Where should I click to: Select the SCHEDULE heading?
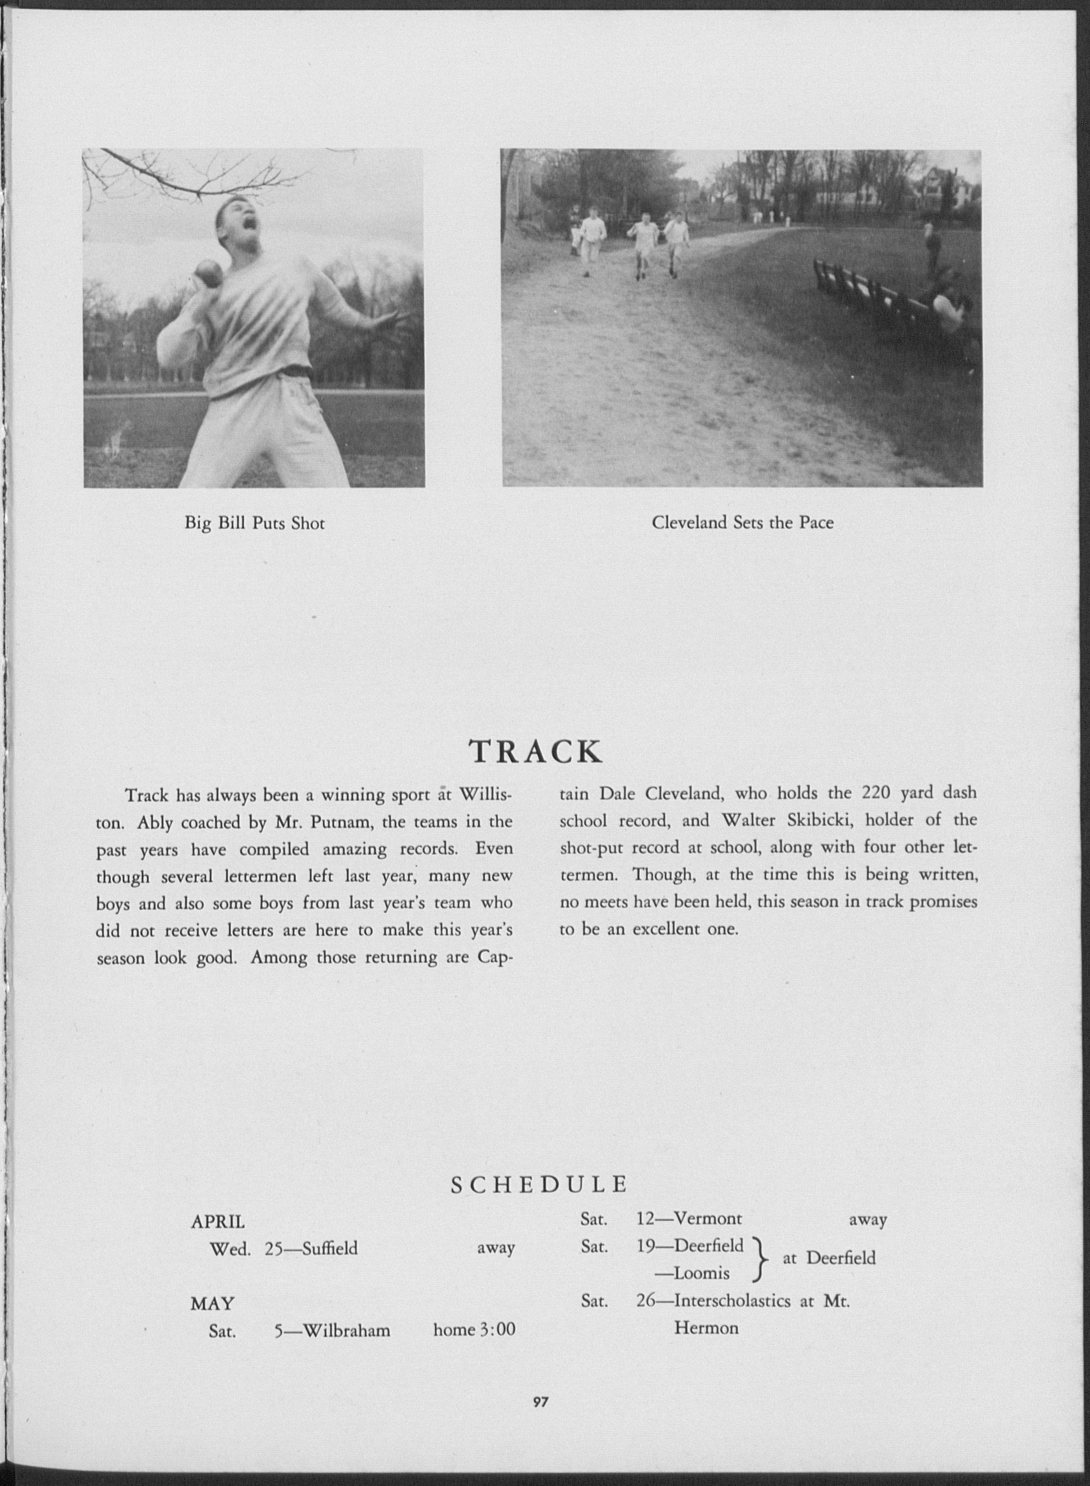pyautogui.click(x=539, y=1185)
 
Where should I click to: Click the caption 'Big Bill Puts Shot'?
pyautogui.click(x=254, y=524)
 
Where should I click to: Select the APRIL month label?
pyautogui.click(x=218, y=1222)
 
